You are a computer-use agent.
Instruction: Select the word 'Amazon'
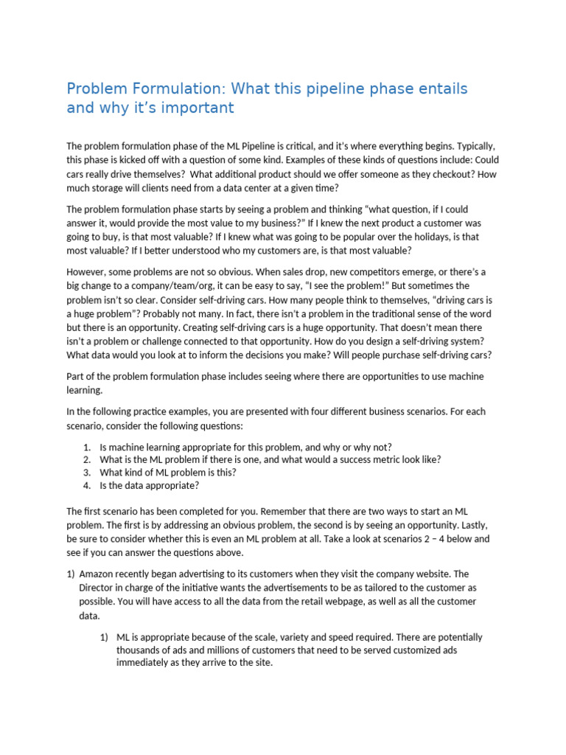(97, 574)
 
